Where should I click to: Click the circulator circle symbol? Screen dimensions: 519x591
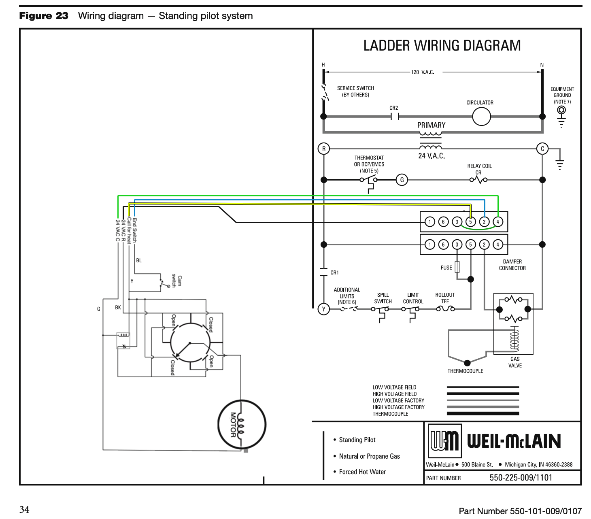(x=481, y=117)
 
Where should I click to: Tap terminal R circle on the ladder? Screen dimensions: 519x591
(x=324, y=149)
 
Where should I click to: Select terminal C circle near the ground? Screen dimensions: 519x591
(x=542, y=149)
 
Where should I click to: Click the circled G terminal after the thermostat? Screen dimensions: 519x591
(x=402, y=180)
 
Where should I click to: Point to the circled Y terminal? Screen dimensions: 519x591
(x=323, y=309)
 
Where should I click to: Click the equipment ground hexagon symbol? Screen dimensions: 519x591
(x=561, y=110)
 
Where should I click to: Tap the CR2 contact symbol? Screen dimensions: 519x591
(x=395, y=117)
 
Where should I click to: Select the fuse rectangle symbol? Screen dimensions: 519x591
(x=457, y=267)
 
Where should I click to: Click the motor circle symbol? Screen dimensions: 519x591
(x=242, y=424)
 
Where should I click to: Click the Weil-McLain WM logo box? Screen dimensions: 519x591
(x=444, y=441)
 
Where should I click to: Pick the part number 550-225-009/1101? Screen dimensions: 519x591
(x=521, y=478)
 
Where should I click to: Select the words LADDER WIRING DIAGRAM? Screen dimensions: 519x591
(x=442, y=45)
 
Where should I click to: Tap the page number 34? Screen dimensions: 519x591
(x=24, y=509)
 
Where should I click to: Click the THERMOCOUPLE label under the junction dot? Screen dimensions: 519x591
(x=465, y=371)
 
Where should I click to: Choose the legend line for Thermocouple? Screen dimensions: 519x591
(x=483, y=414)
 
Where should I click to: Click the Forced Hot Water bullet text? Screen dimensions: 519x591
(x=362, y=472)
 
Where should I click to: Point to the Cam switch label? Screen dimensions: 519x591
(x=177, y=281)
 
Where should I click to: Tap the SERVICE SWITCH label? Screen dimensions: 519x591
(x=355, y=88)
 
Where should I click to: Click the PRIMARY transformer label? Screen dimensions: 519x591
(x=431, y=125)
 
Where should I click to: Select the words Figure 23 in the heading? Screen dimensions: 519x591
(x=44, y=16)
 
